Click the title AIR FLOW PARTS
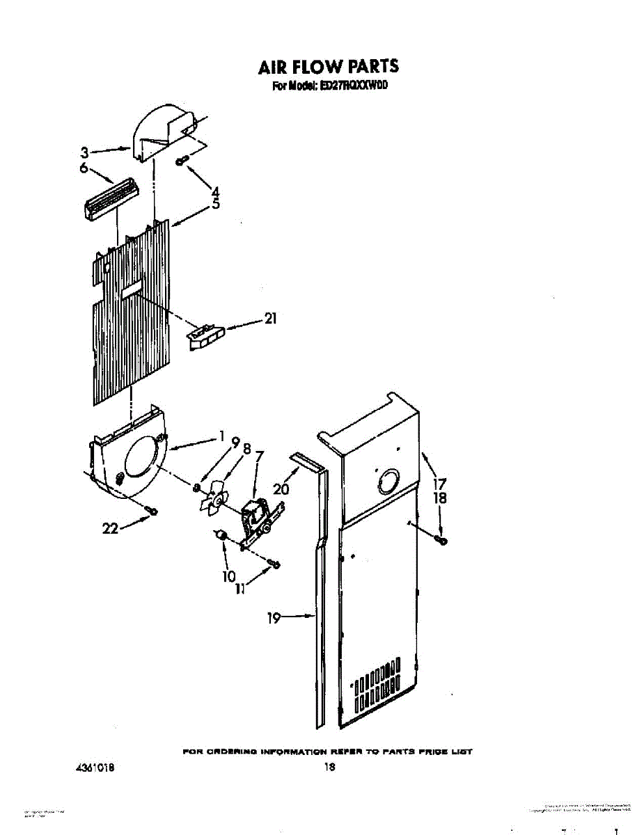(x=328, y=67)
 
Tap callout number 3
(x=84, y=152)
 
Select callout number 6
(x=84, y=169)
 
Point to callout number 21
(x=270, y=319)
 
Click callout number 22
(x=110, y=529)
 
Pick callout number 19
(x=275, y=617)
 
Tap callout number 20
(x=281, y=489)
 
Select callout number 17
(x=439, y=483)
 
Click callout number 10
(x=229, y=576)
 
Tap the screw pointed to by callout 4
(x=182, y=161)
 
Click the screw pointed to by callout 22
(x=152, y=511)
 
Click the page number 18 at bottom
(x=330, y=768)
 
